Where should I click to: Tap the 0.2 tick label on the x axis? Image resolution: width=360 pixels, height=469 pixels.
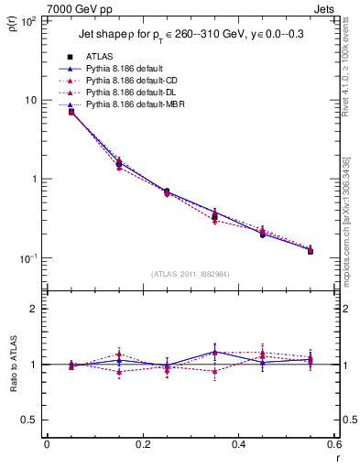point(142,444)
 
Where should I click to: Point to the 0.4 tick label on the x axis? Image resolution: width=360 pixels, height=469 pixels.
point(238,444)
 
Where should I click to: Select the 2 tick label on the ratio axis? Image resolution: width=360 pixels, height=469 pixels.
point(35,309)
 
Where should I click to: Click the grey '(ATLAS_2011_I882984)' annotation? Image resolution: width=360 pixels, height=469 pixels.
point(191,273)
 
